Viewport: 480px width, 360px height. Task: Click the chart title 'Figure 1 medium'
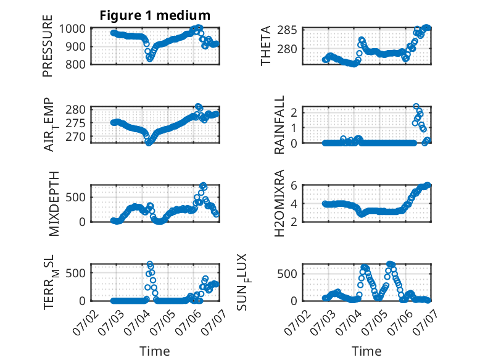[x=155, y=15]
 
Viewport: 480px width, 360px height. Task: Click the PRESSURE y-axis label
[x=48, y=46]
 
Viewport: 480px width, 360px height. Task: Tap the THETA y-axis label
[x=266, y=46]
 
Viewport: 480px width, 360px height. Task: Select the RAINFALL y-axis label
[x=279, y=125]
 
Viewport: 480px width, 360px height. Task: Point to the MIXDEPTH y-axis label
[x=54, y=204]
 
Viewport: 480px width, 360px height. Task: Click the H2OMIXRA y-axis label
[x=279, y=203]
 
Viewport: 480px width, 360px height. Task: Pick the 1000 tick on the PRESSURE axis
[x=72, y=29]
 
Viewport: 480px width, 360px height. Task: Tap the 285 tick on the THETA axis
[x=287, y=30]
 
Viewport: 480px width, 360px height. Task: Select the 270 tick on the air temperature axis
[x=76, y=136]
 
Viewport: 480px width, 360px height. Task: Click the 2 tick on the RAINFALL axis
[x=294, y=113]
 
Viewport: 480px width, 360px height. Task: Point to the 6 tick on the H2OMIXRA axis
[x=294, y=185]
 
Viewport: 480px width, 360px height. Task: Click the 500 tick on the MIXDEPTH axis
[x=76, y=197]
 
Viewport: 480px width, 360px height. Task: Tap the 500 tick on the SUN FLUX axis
[x=287, y=274]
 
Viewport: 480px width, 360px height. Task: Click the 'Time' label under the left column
[x=155, y=351]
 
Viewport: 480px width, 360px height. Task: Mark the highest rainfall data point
[x=416, y=107]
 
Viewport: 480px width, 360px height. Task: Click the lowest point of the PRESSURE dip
[x=149, y=59]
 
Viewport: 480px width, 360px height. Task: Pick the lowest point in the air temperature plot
[x=149, y=143]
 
